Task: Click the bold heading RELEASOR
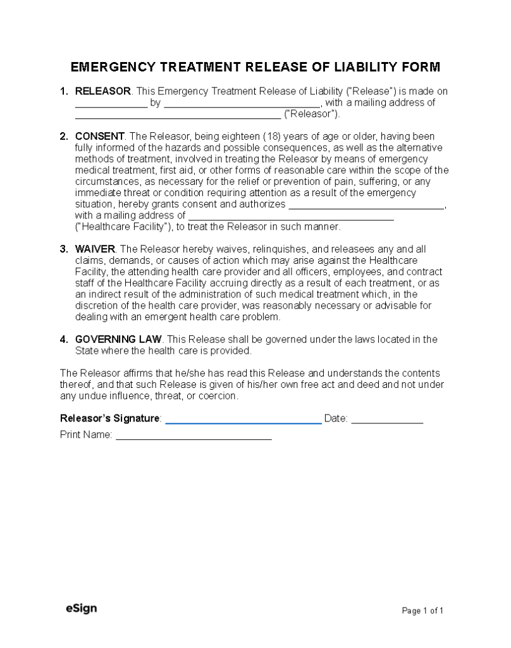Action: tap(103, 91)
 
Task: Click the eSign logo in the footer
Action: tap(81, 609)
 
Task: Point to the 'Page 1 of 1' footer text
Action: tap(423, 611)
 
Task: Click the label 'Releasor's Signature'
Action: tap(110, 418)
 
